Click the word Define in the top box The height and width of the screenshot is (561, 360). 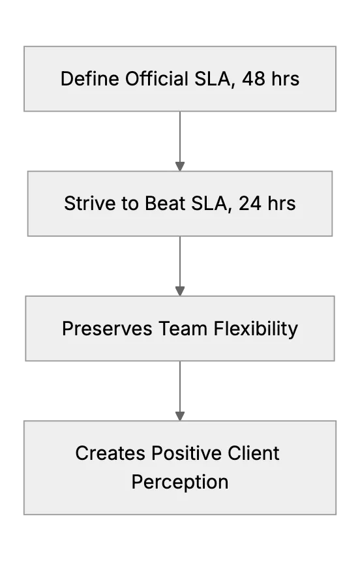click(90, 79)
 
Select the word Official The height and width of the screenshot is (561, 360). click(157, 79)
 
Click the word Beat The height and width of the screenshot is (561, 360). click(165, 204)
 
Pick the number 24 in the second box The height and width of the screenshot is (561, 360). click(250, 204)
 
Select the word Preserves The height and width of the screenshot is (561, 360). click(107, 328)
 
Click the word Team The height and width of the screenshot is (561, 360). click(183, 328)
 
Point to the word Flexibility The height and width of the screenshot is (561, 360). click(256, 329)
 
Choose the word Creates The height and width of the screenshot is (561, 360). click(111, 453)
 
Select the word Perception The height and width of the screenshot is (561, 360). click(180, 482)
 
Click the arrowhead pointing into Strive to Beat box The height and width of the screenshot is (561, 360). click(180, 166)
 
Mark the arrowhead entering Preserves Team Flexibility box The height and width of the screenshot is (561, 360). click(180, 291)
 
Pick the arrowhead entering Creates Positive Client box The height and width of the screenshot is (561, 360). click(180, 416)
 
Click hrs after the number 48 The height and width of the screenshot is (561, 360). click(285, 79)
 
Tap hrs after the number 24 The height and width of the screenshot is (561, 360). click(282, 204)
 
